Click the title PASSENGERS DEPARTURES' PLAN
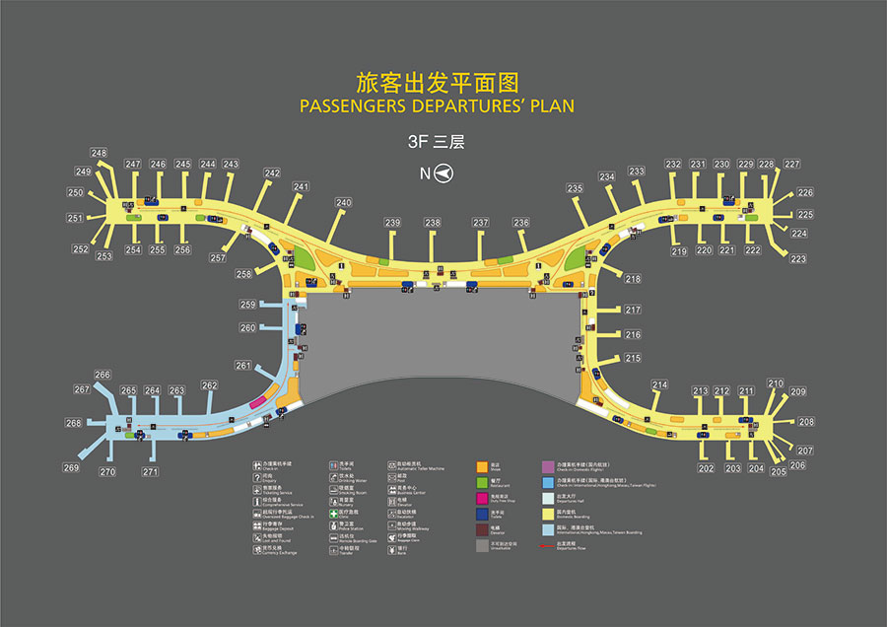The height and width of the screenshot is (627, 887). (436, 105)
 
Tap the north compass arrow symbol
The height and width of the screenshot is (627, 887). (444, 174)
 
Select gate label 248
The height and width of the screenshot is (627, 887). (100, 153)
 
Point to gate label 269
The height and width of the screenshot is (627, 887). (71, 467)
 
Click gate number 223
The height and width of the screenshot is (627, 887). (798, 259)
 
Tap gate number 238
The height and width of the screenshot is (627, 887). (433, 223)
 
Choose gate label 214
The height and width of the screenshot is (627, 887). (659, 384)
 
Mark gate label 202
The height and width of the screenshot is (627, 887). (706, 468)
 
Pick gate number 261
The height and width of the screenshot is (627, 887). (243, 366)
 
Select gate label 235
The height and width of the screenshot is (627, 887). (575, 188)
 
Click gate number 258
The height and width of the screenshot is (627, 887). (243, 274)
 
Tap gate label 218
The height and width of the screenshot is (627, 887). (633, 279)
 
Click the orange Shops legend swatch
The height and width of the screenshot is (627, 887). (482, 465)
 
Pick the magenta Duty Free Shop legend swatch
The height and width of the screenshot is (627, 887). (482, 497)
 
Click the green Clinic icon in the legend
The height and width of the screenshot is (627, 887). (334, 512)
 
